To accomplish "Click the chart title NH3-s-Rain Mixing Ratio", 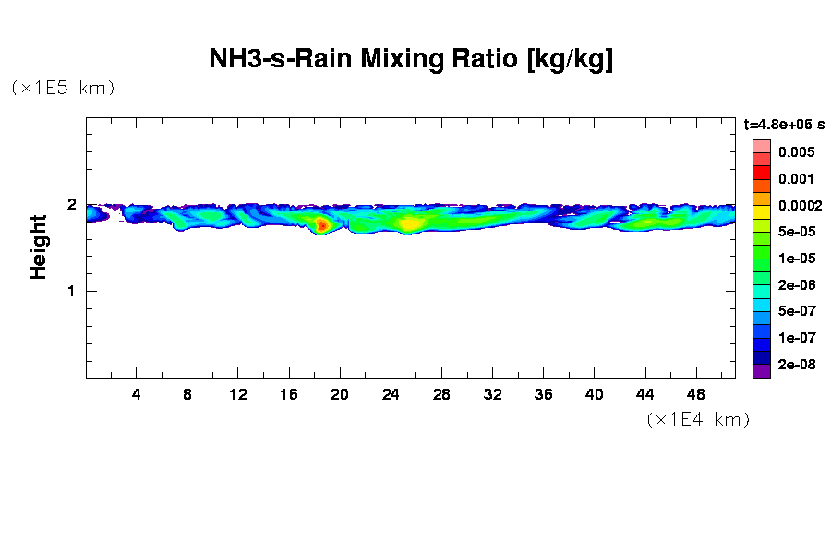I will [411, 60].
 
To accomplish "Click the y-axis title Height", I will [38, 247].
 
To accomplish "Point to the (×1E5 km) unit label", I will [63, 88].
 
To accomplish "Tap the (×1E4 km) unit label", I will [698, 419].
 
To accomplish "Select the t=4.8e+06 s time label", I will [784, 124].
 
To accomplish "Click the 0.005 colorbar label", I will [795, 152].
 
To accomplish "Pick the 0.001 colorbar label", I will [795, 179].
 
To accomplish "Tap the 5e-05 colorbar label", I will [795, 232].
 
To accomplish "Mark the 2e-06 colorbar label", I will [795, 285].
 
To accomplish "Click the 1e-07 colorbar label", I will [795, 338].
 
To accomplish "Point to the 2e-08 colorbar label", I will [795, 365].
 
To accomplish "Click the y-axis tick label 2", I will [71, 204].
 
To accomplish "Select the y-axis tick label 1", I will [71, 291].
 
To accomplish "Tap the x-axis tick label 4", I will [137, 394].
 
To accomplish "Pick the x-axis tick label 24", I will [391, 394].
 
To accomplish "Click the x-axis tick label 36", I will [543, 394].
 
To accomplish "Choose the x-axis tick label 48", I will [695, 394].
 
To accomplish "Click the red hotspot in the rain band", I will [321, 224].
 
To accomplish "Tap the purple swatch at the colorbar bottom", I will [761, 371].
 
